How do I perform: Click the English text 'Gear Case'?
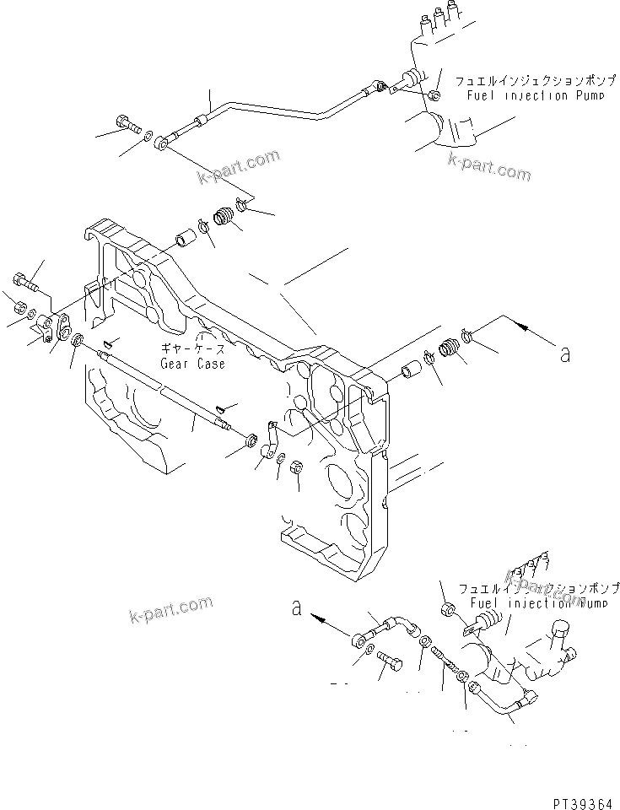click(192, 364)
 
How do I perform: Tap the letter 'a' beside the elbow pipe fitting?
click(297, 607)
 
